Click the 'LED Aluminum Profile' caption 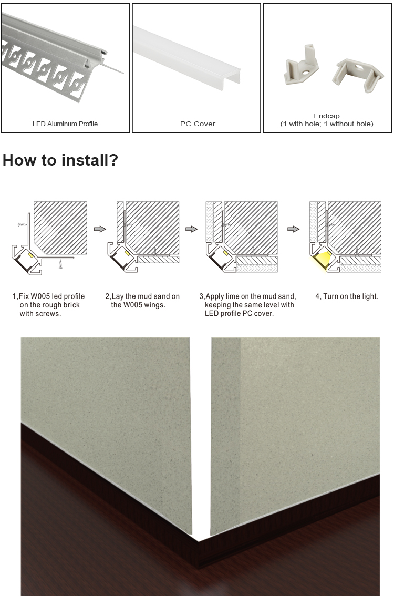65,124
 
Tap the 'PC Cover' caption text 198,124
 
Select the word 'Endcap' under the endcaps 327,116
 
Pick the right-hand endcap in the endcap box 358,75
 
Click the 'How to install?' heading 60,160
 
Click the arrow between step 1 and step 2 99,229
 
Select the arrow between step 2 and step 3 192,229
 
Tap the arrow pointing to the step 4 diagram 293,229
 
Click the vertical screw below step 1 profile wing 60,264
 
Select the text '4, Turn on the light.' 347,296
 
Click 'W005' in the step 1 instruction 40,296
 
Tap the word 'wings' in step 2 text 153,305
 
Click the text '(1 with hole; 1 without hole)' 327,124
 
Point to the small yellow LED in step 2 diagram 127,253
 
